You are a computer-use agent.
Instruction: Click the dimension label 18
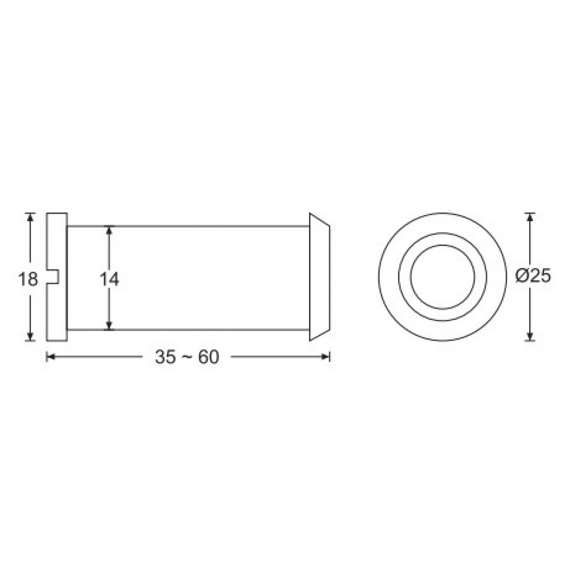point(28,280)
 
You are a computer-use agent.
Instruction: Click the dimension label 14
point(109,280)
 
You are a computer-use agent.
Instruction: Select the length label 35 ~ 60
point(187,357)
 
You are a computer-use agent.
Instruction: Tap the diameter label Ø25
point(533,277)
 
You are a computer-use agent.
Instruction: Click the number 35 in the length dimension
point(165,357)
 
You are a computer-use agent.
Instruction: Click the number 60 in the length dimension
point(209,357)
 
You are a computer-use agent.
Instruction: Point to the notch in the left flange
point(53,277)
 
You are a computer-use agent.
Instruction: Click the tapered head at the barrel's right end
point(320,277)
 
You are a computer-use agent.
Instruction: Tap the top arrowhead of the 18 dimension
point(30,218)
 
